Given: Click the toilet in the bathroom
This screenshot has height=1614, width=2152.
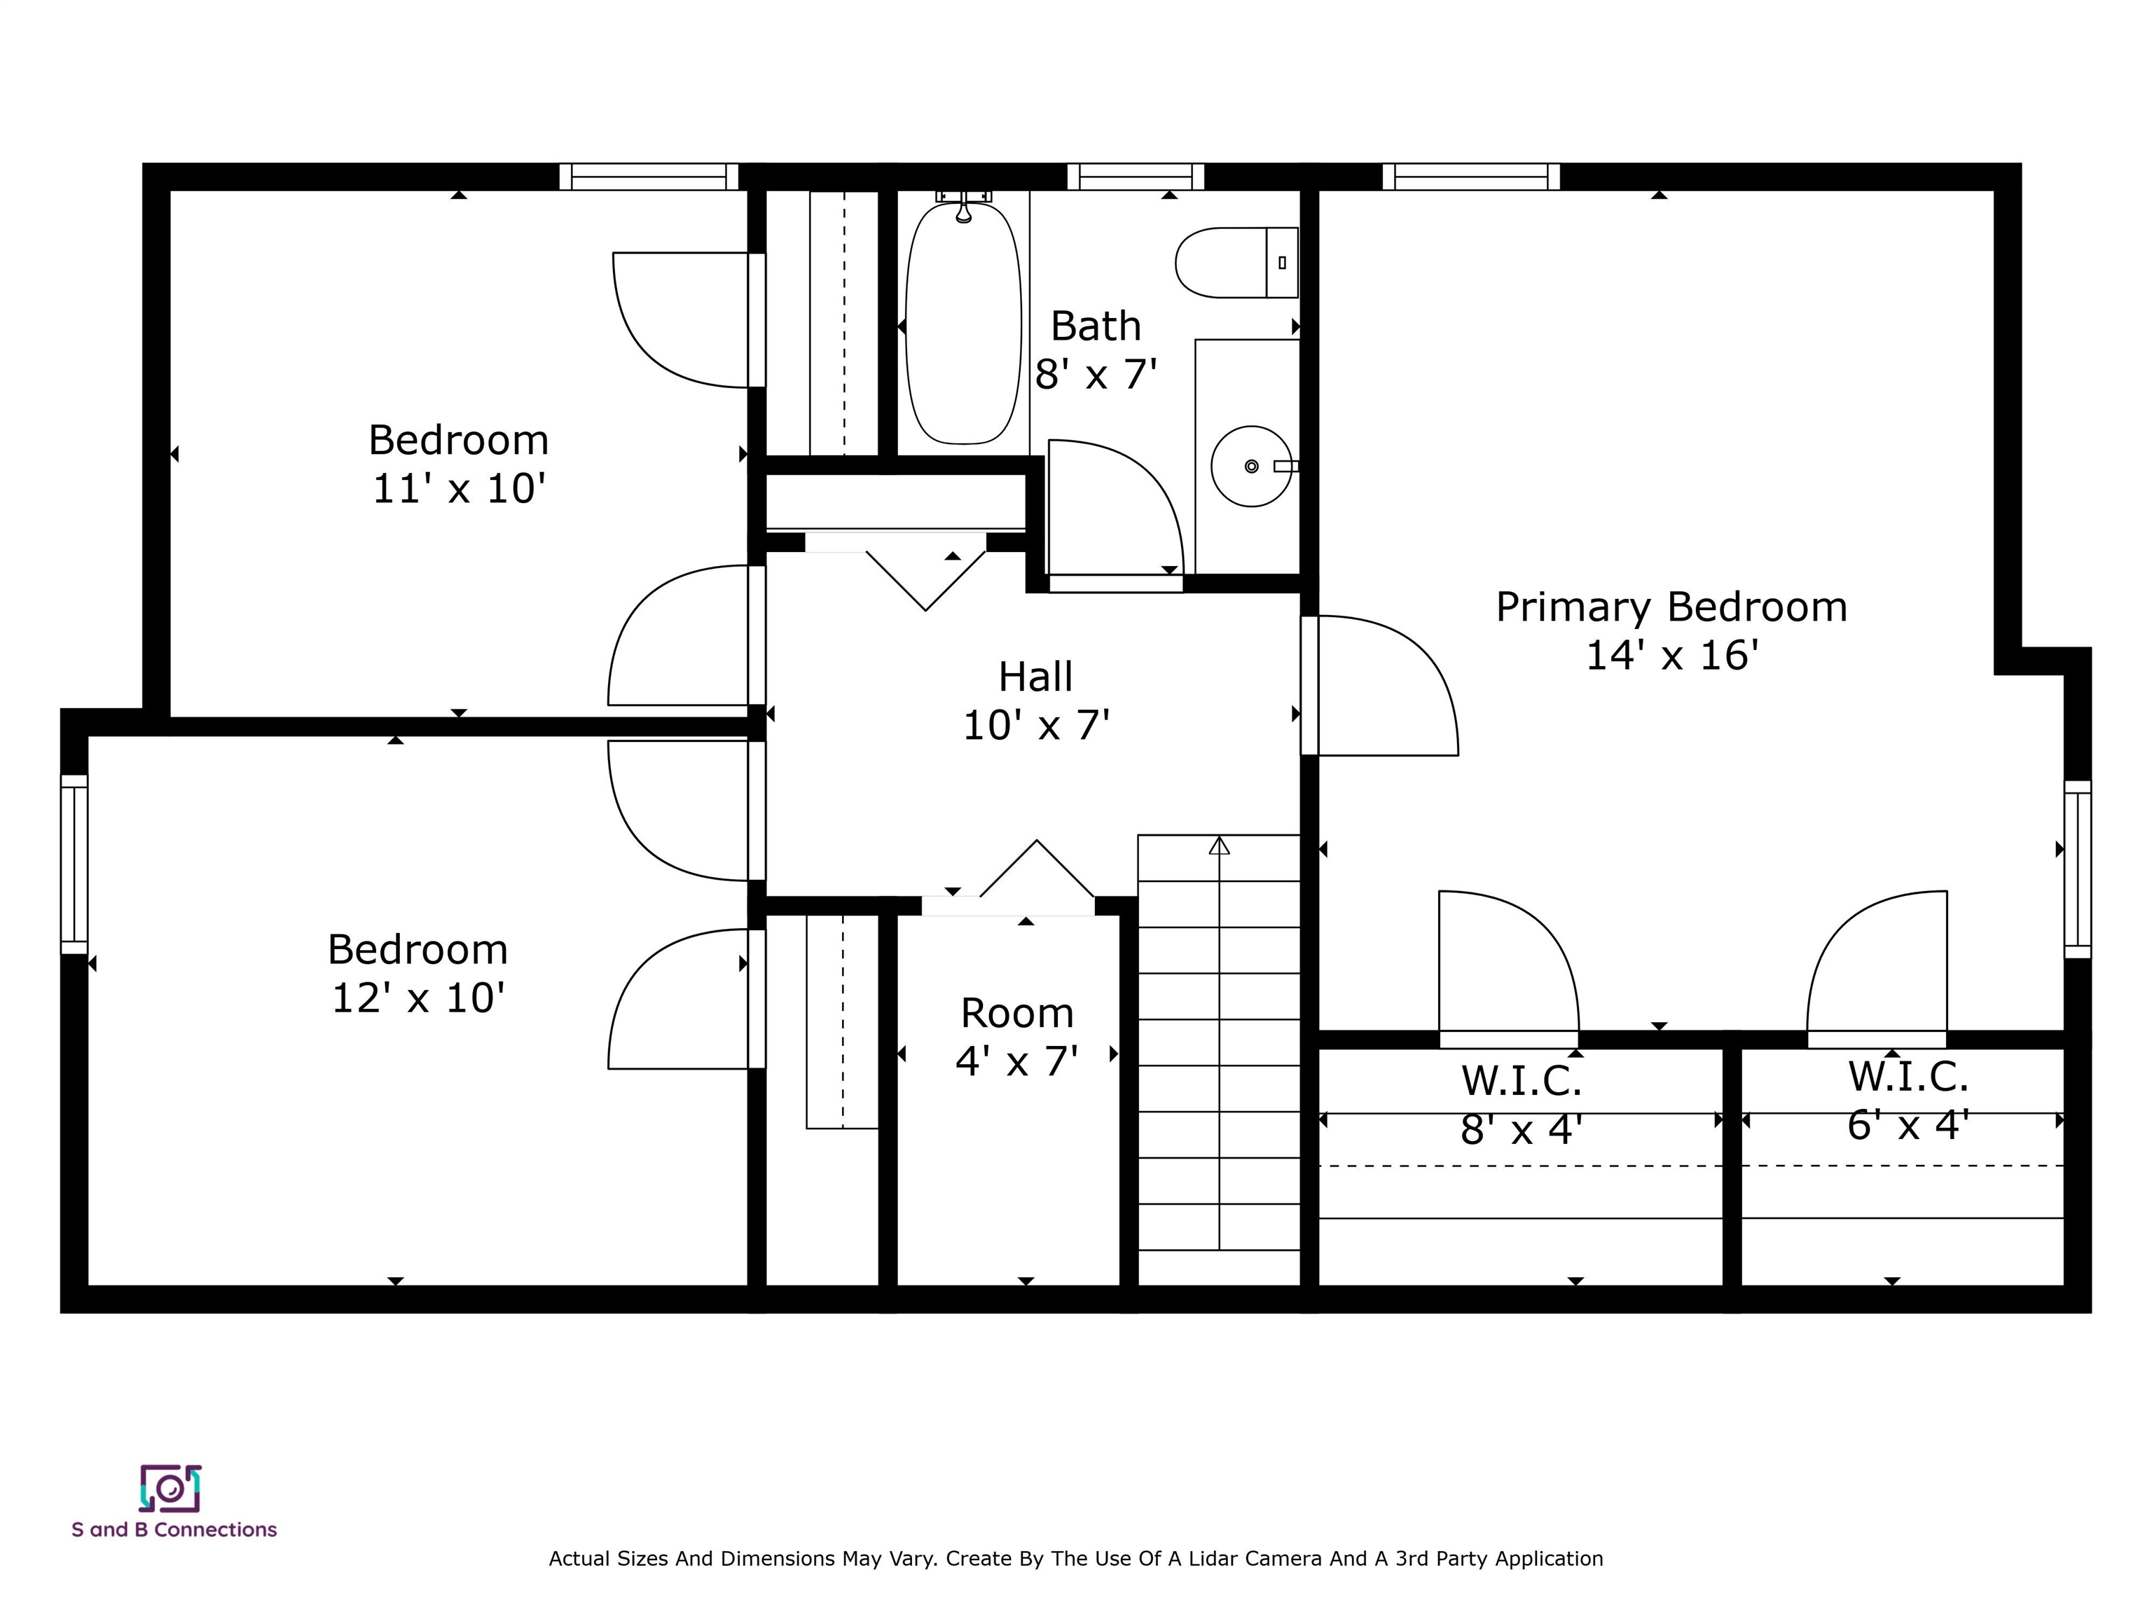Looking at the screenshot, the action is pos(1236,263).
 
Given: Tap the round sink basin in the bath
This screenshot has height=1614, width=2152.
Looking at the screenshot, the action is pos(1251,466).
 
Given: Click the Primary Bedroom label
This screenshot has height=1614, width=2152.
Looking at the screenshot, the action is pos(1671,607).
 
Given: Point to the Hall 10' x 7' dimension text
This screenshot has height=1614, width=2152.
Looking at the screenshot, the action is pos(1037,726).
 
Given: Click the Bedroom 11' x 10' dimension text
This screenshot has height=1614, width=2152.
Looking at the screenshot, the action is pos(460,488).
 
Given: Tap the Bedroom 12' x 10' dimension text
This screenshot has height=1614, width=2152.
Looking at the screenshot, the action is pos(418,998).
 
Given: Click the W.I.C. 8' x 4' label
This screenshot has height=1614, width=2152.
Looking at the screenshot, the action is pos(1522,1104).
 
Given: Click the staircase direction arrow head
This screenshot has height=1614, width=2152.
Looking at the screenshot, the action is pos(1219,846).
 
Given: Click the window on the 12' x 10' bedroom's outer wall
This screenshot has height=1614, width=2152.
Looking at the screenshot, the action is pos(75,864).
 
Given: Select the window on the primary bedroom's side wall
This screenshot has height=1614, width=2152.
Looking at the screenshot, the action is pos(2077,869).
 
